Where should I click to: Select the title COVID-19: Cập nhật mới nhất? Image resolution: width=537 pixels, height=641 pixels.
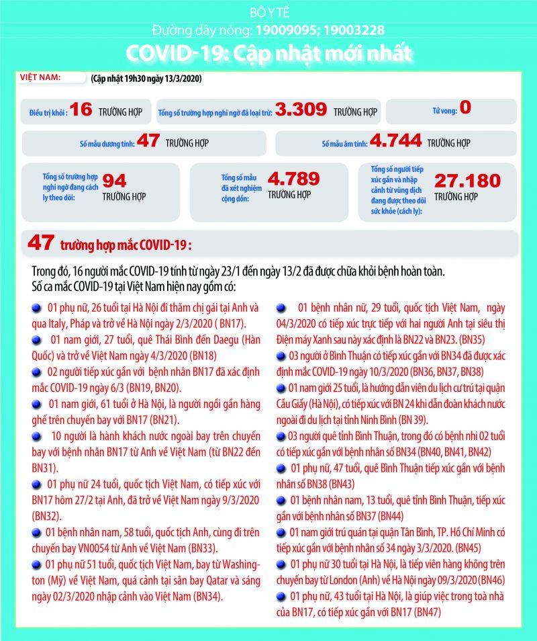(x=268, y=53)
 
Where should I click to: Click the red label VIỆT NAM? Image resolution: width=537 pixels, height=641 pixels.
(x=41, y=77)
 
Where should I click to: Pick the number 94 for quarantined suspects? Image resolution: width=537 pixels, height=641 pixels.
(x=114, y=180)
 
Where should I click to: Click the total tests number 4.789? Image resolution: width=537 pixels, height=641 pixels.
(x=293, y=179)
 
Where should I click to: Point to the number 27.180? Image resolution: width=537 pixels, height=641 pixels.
(x=467, y=181)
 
